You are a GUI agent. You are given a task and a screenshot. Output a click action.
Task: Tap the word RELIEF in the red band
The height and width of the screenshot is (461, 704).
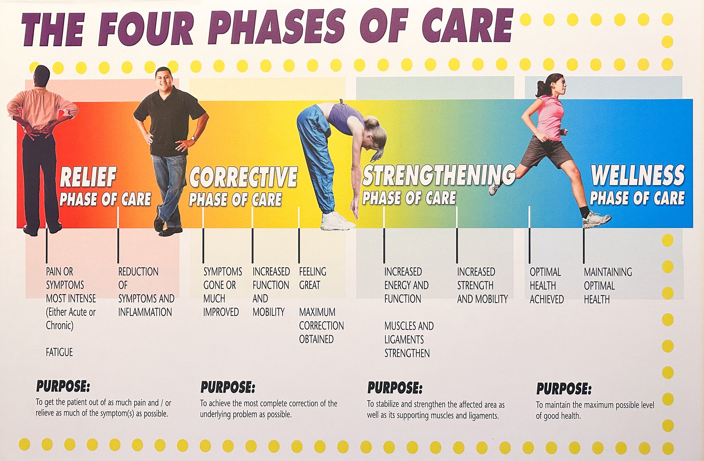point(88,177)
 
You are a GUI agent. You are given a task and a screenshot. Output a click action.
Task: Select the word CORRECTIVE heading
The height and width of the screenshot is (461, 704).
point(243,177)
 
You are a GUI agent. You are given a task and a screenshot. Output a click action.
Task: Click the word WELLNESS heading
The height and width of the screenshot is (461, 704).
point(638,175)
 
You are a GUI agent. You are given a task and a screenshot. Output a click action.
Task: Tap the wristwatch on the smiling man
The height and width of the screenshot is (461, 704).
point(193,139)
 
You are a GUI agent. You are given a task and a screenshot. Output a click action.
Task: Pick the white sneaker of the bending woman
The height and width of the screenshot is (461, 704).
point(336,221)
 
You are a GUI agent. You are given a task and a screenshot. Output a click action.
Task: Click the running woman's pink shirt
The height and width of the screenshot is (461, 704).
point(551,117)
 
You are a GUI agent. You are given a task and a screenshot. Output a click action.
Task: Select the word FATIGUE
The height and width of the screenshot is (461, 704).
point(59,352)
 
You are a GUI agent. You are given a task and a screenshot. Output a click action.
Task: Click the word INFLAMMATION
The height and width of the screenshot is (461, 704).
point(145,312)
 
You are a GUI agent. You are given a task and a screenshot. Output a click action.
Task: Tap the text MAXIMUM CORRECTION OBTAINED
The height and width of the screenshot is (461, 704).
point(321,326)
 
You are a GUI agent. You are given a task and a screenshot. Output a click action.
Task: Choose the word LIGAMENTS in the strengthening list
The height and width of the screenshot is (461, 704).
point(404,340)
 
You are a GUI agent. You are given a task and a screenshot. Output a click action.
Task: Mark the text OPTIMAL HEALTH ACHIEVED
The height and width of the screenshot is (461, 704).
point(546,286)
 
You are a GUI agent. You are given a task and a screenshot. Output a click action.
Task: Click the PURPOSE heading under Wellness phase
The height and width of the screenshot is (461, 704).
point(564,388)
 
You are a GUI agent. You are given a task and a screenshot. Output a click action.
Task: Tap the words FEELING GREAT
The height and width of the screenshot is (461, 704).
point(312,278)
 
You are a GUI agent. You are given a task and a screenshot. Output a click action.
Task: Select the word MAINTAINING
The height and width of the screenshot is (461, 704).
point(608,272)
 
